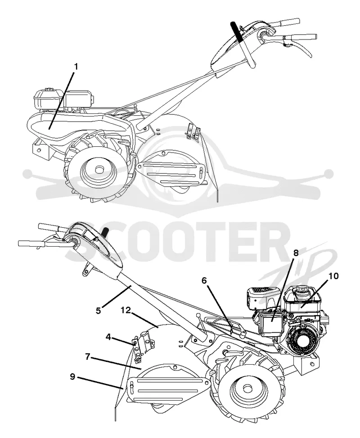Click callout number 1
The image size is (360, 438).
click(x=76, y=67)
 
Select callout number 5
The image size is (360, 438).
click(x=98, y=310)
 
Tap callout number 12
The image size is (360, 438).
click(x=126, y=310)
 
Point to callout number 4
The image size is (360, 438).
click(x=108, y=337)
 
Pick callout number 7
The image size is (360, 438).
click(x=87, y=357)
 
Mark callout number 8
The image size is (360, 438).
click(x=296, y=253)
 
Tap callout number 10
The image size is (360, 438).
click(x=333, y=276)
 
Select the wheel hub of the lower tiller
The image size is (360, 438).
click(x=247, y=388)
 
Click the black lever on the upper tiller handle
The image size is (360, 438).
click(x=237, y=32)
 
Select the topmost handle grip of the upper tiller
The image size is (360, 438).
click(x=286, y=22)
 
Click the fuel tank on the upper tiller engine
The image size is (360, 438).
click(x=48, y=99)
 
